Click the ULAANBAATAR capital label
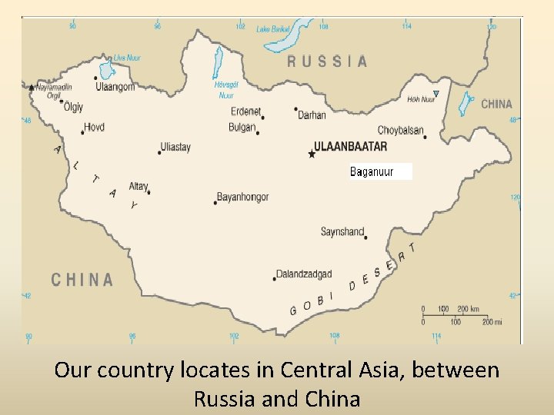tap(350, 146)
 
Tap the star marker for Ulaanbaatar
tap(312, 154)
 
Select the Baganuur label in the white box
tap(372, 171)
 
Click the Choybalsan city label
tap(400, 131)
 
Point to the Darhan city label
tap(312, 115)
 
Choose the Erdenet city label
tap(245, 111)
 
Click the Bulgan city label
tap(242, 127)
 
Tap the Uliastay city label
tap(175, 147)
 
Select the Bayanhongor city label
tap(242, 197)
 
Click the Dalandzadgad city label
tap(305, 274)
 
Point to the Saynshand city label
tap(342, 231)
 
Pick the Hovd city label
tap(94, 127)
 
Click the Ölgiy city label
tap(73, 108)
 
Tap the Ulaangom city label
tap(115, 87)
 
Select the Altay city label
tap(138, 186)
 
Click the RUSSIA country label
tap(327, 61)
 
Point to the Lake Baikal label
tap(273, 29)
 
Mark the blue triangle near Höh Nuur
tap(436, 95)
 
